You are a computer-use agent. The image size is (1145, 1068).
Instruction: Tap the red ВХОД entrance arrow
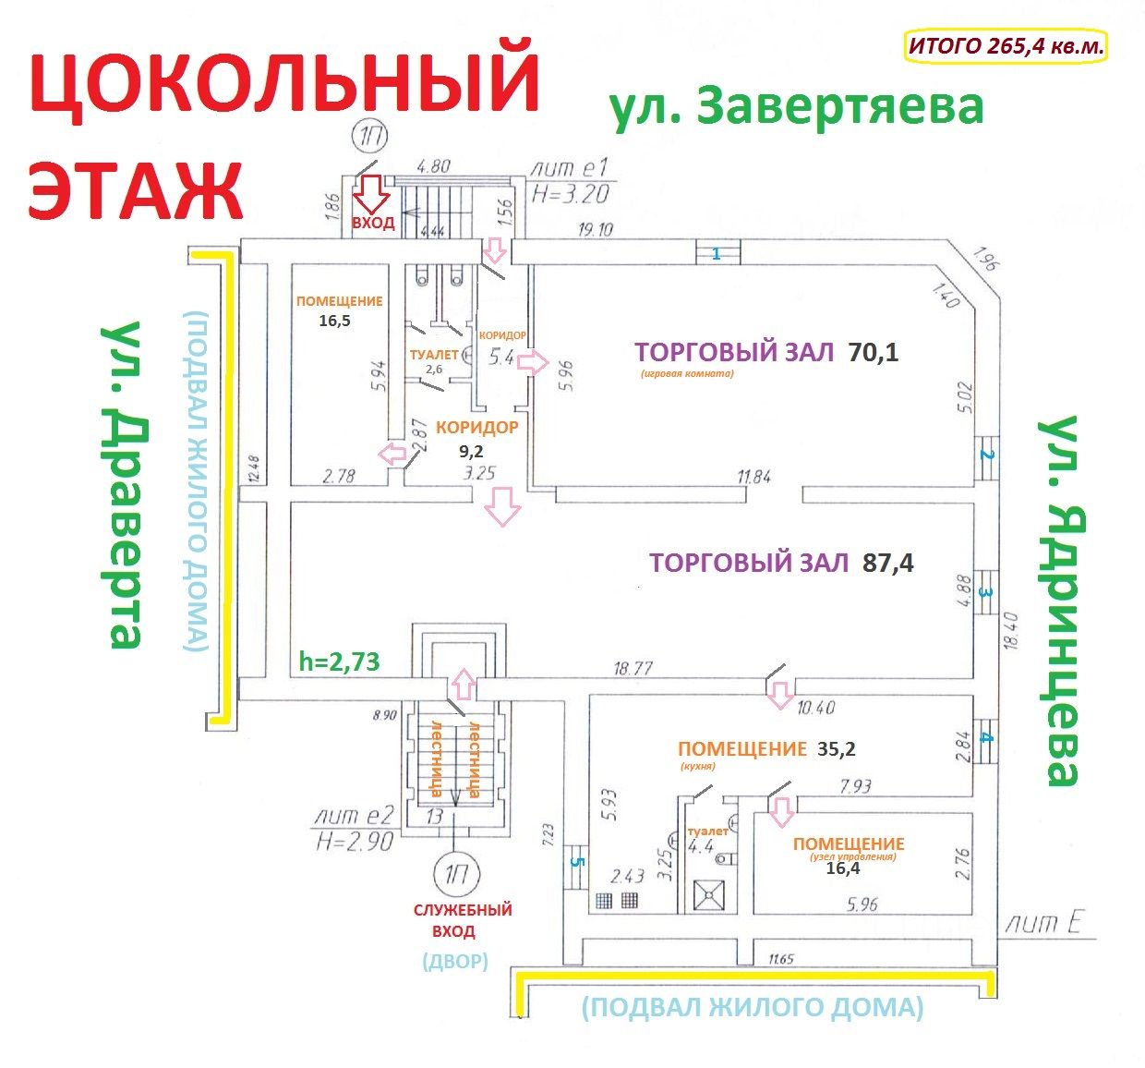click(374, 195)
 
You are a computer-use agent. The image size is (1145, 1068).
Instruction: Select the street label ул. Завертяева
click(796, 107)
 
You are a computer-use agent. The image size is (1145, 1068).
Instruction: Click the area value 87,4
click(887, 563)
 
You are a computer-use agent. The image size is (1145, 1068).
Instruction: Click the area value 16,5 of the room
click(333, 321)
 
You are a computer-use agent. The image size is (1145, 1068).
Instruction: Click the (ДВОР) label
click(454, 961)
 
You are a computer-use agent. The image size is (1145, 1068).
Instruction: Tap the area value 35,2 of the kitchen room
click(836, 749)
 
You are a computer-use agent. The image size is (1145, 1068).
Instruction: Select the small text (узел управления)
click(852, 856)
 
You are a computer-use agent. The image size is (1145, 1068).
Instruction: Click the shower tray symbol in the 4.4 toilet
click(708, 895)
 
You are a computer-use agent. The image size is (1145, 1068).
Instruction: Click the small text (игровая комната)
click(685, 374)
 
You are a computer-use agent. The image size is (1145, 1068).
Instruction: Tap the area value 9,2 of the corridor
click(472, 452)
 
